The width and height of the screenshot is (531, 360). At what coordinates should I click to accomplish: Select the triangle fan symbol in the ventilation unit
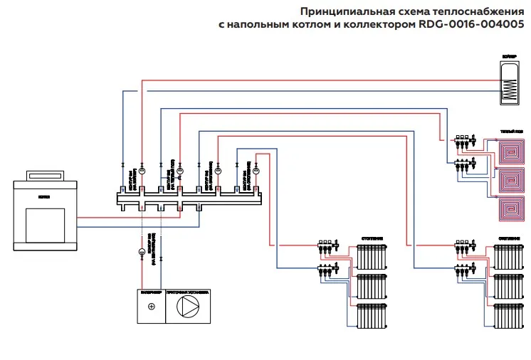click(189, 307)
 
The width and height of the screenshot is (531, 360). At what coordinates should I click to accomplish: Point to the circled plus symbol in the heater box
click(150, 307)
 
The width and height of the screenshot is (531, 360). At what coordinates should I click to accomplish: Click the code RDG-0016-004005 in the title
click(475, 23)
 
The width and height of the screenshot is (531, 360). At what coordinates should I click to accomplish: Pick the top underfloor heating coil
click(510, 152)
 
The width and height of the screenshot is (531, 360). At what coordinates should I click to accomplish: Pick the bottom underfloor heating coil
click(510, 208)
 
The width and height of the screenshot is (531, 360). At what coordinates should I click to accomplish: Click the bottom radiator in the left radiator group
click(371, 315)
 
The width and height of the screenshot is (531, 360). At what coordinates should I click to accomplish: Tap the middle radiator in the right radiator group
click(510, 285)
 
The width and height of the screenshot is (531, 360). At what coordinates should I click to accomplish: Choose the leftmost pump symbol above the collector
click(142, 171)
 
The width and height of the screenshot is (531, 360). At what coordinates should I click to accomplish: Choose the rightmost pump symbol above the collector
click(257, 171)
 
